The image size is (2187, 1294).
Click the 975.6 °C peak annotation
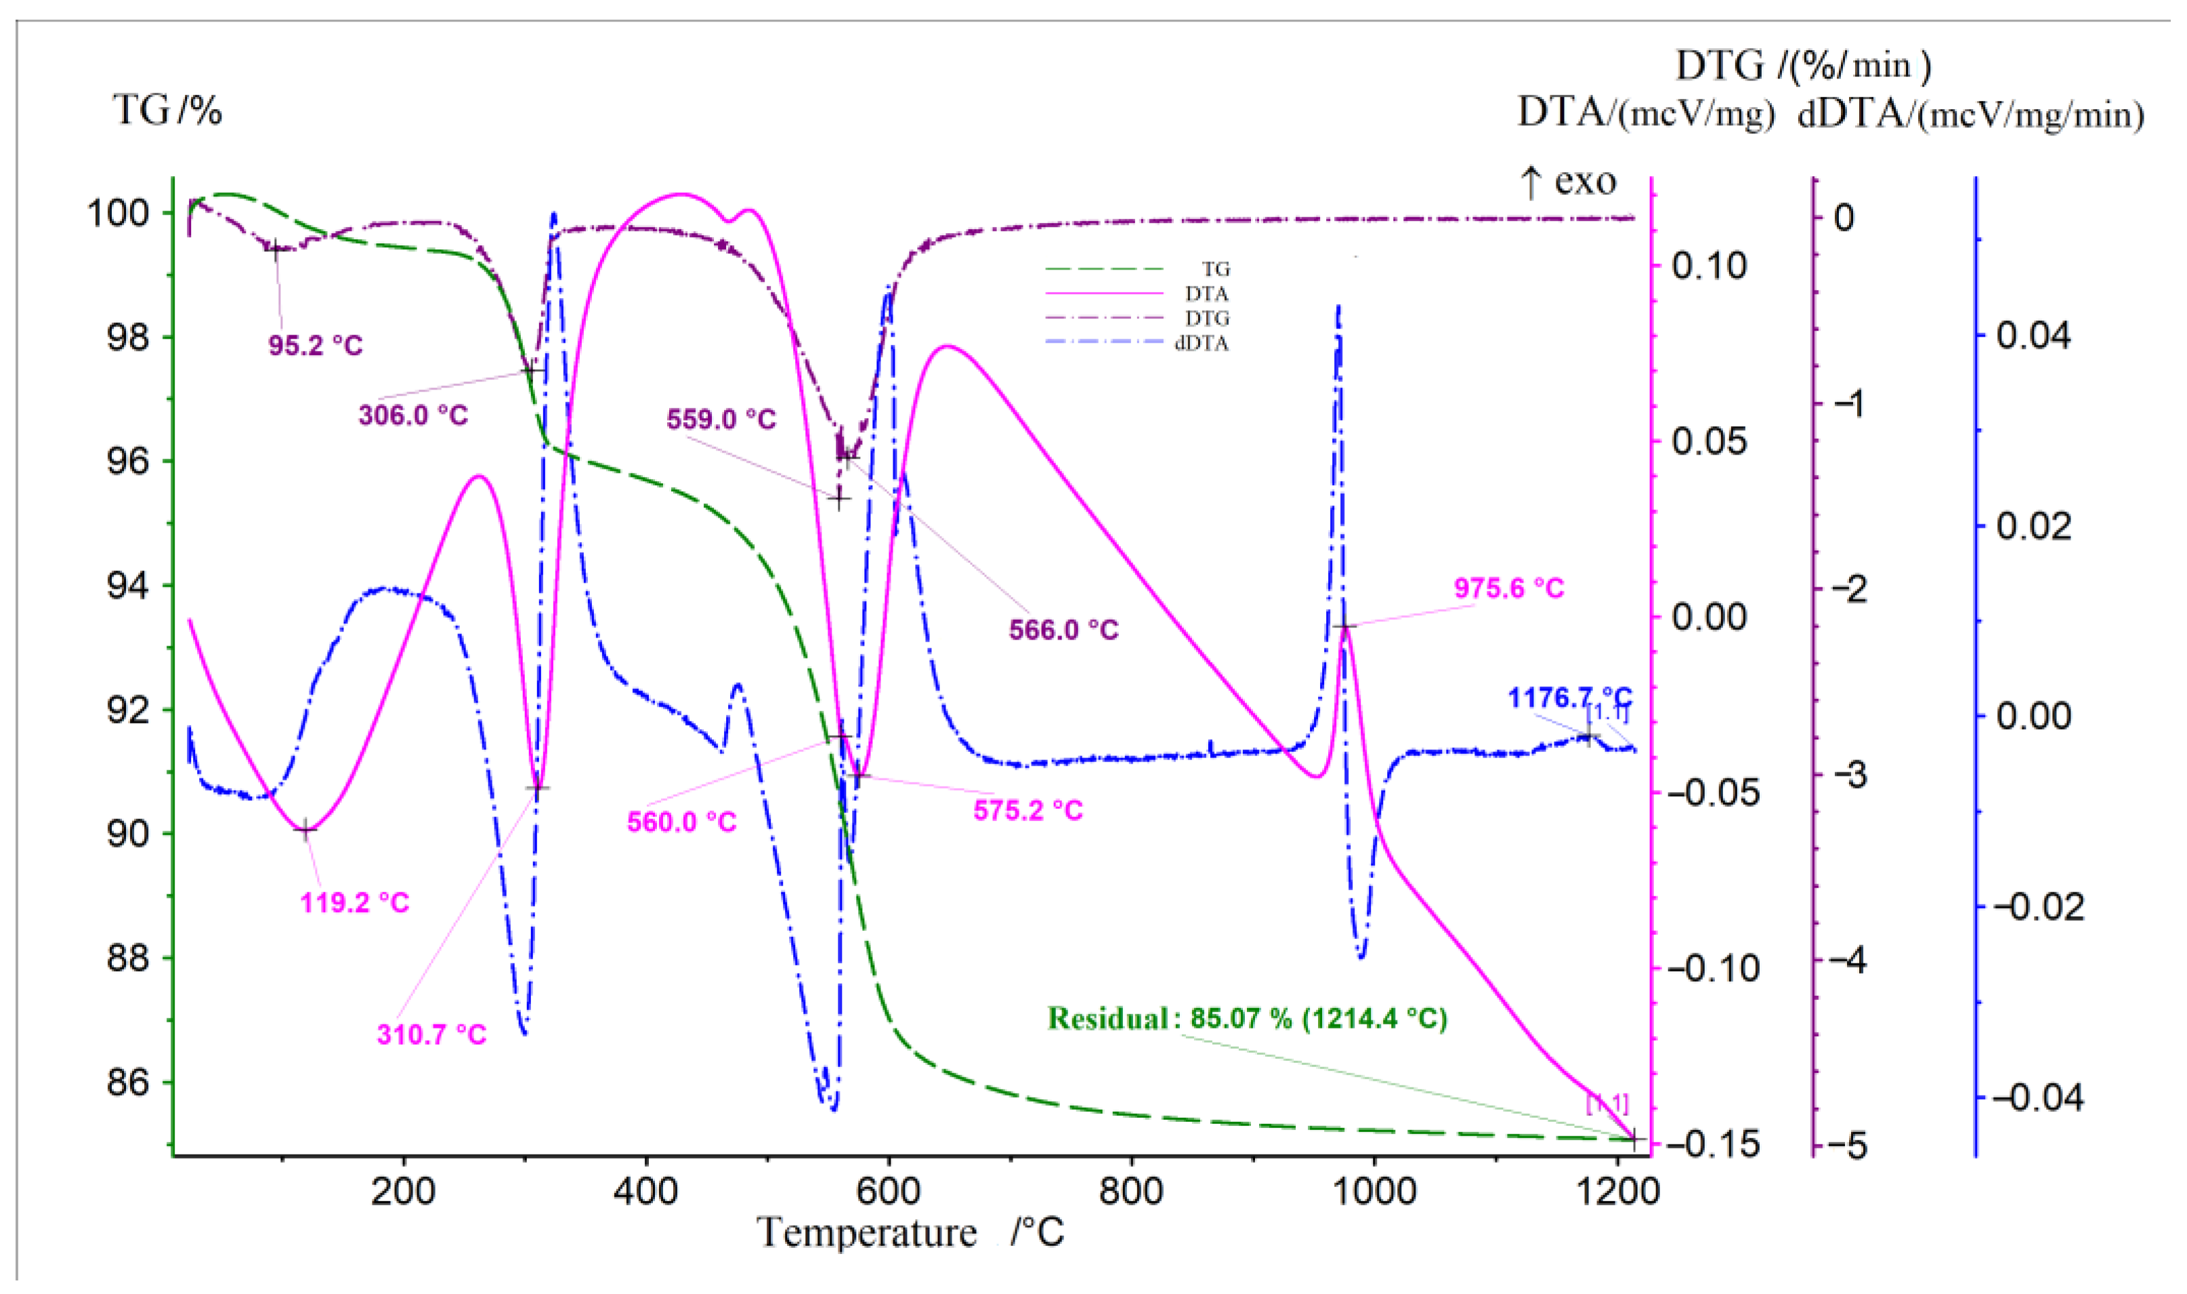click(x=1509, y=589)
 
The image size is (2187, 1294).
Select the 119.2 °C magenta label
click(x=355, y=902)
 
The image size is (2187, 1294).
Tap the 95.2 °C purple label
click(x=315, y=346)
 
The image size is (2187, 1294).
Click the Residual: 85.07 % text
click(x=1246, y=1018)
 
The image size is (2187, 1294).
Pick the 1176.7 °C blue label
click(x=1569, y=698)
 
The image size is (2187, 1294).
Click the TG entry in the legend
click(x=1215, y=270)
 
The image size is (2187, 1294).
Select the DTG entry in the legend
click(x=1206, y=319)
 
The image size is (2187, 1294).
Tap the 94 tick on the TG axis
click(x=128, y=586)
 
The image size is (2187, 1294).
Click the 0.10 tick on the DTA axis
click(x=1708, y=266)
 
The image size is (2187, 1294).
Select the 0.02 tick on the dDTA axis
click(x=2033, y=526)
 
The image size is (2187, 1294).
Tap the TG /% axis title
click(x=167, y=110)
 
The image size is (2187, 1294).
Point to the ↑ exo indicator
click(x=1567, y=182)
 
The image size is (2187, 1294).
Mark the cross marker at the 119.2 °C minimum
click(x=304, y=830)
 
